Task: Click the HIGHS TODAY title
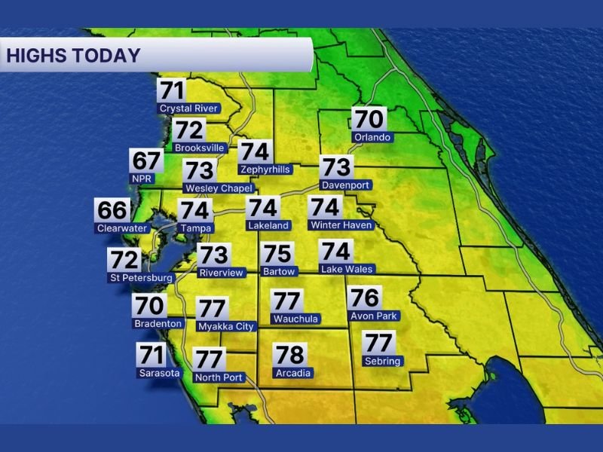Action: (74, 55)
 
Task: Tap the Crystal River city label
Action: (188, 108)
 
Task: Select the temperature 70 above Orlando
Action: (369, 119)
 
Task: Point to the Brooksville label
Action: (200, 148)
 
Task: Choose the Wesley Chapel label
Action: (219, 188)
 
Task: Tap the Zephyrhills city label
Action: (264, 169)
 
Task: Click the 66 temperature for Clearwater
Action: (112, 209)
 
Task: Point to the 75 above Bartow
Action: (277, 254)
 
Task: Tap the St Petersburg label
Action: (141, 278)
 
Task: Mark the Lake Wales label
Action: (347, 269)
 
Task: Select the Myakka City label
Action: (226, 326)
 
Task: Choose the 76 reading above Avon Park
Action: (364, 298)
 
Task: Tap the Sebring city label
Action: (382, 362)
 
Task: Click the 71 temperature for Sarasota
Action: (152, 354)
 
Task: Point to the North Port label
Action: (219, 377)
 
